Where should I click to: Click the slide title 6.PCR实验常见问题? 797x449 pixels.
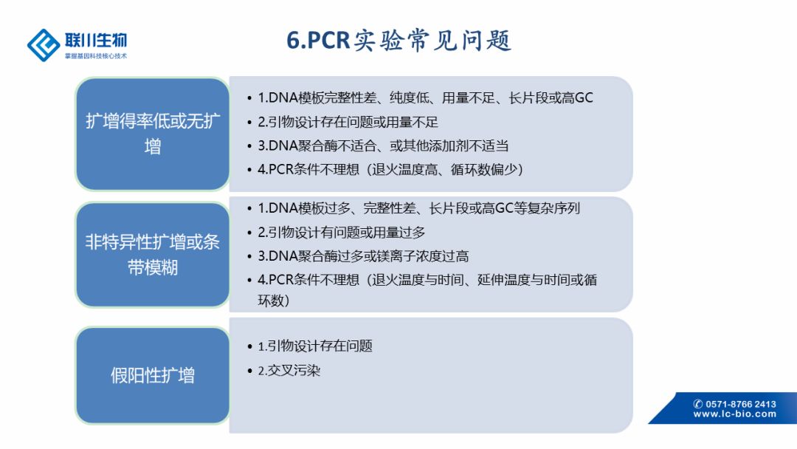click(x=398, y=40)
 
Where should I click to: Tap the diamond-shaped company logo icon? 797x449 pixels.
click(x=44, y=45)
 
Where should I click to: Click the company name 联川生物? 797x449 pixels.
click(x=96, y=40)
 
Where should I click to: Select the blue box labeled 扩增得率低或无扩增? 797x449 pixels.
click(x=153, y=134)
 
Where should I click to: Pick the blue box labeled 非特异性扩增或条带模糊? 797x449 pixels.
click(x=153, y=254)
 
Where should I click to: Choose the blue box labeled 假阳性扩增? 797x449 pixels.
click(x=153, y=375)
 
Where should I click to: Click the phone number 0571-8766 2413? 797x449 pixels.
click(x=741, y=404)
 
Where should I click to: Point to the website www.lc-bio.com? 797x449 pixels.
click(x=735, y=414)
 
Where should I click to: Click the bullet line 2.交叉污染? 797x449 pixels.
click(x=289, y=370)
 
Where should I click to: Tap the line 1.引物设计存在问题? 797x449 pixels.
click(x=315, y=346)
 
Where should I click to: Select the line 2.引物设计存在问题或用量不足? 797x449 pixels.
click(x=348, y=122)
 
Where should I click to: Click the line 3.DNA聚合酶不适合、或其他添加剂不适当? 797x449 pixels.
click(x=383, y=146)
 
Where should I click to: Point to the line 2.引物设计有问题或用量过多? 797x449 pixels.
click(x=342, y=233)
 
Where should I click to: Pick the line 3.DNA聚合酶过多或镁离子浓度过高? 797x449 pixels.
click(x=363, y=256)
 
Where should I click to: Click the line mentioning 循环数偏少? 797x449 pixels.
click(x=390, y=169)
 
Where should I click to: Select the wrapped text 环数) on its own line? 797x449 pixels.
click(x=274, y=301)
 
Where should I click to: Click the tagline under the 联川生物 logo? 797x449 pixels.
click(x=96, y=56)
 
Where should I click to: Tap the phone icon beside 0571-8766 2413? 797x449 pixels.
click(x=698, y=404)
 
